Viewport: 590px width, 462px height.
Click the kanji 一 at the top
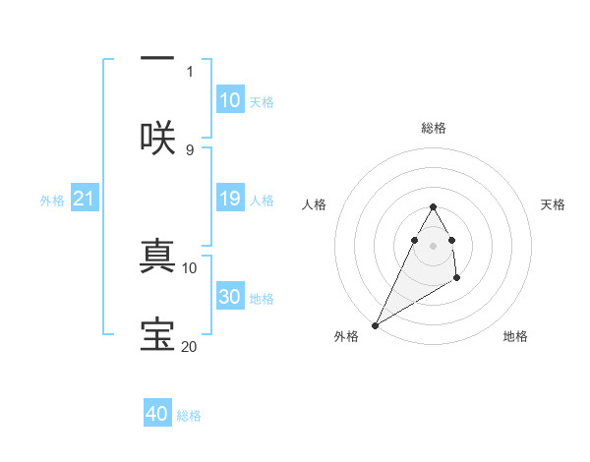click(x=157, y=60)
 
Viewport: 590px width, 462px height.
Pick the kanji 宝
click(x=157, y=334)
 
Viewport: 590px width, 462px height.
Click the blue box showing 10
click(x=230, y=99)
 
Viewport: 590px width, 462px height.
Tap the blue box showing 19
click(x=230, y=200)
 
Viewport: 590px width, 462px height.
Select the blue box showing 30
click(x=230, y=297)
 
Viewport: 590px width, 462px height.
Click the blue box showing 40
click(x=157, y=414)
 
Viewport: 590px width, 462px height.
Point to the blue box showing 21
click(x=85, y=200)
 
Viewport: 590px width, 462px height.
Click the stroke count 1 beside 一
click(x=190, y=71)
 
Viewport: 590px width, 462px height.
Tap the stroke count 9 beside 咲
click(x=190, y=149)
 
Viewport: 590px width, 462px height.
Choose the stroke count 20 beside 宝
click(x=190, y=346)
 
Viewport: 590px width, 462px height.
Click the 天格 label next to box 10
click(x=262, y=101)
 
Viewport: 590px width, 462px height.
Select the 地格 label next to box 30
click(x=262, y=299)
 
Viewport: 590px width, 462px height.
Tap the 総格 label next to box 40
click(x=189, y=416)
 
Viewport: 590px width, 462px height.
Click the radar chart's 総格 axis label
click(x=433, y=128)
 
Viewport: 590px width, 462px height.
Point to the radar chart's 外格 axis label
click(x=346, y=336)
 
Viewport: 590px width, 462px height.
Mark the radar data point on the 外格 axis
click(x=375, y=324)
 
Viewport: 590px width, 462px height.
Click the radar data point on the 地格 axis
click(x=457, y=279)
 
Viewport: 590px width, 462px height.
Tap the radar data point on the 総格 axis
click(x=433, y=207)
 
